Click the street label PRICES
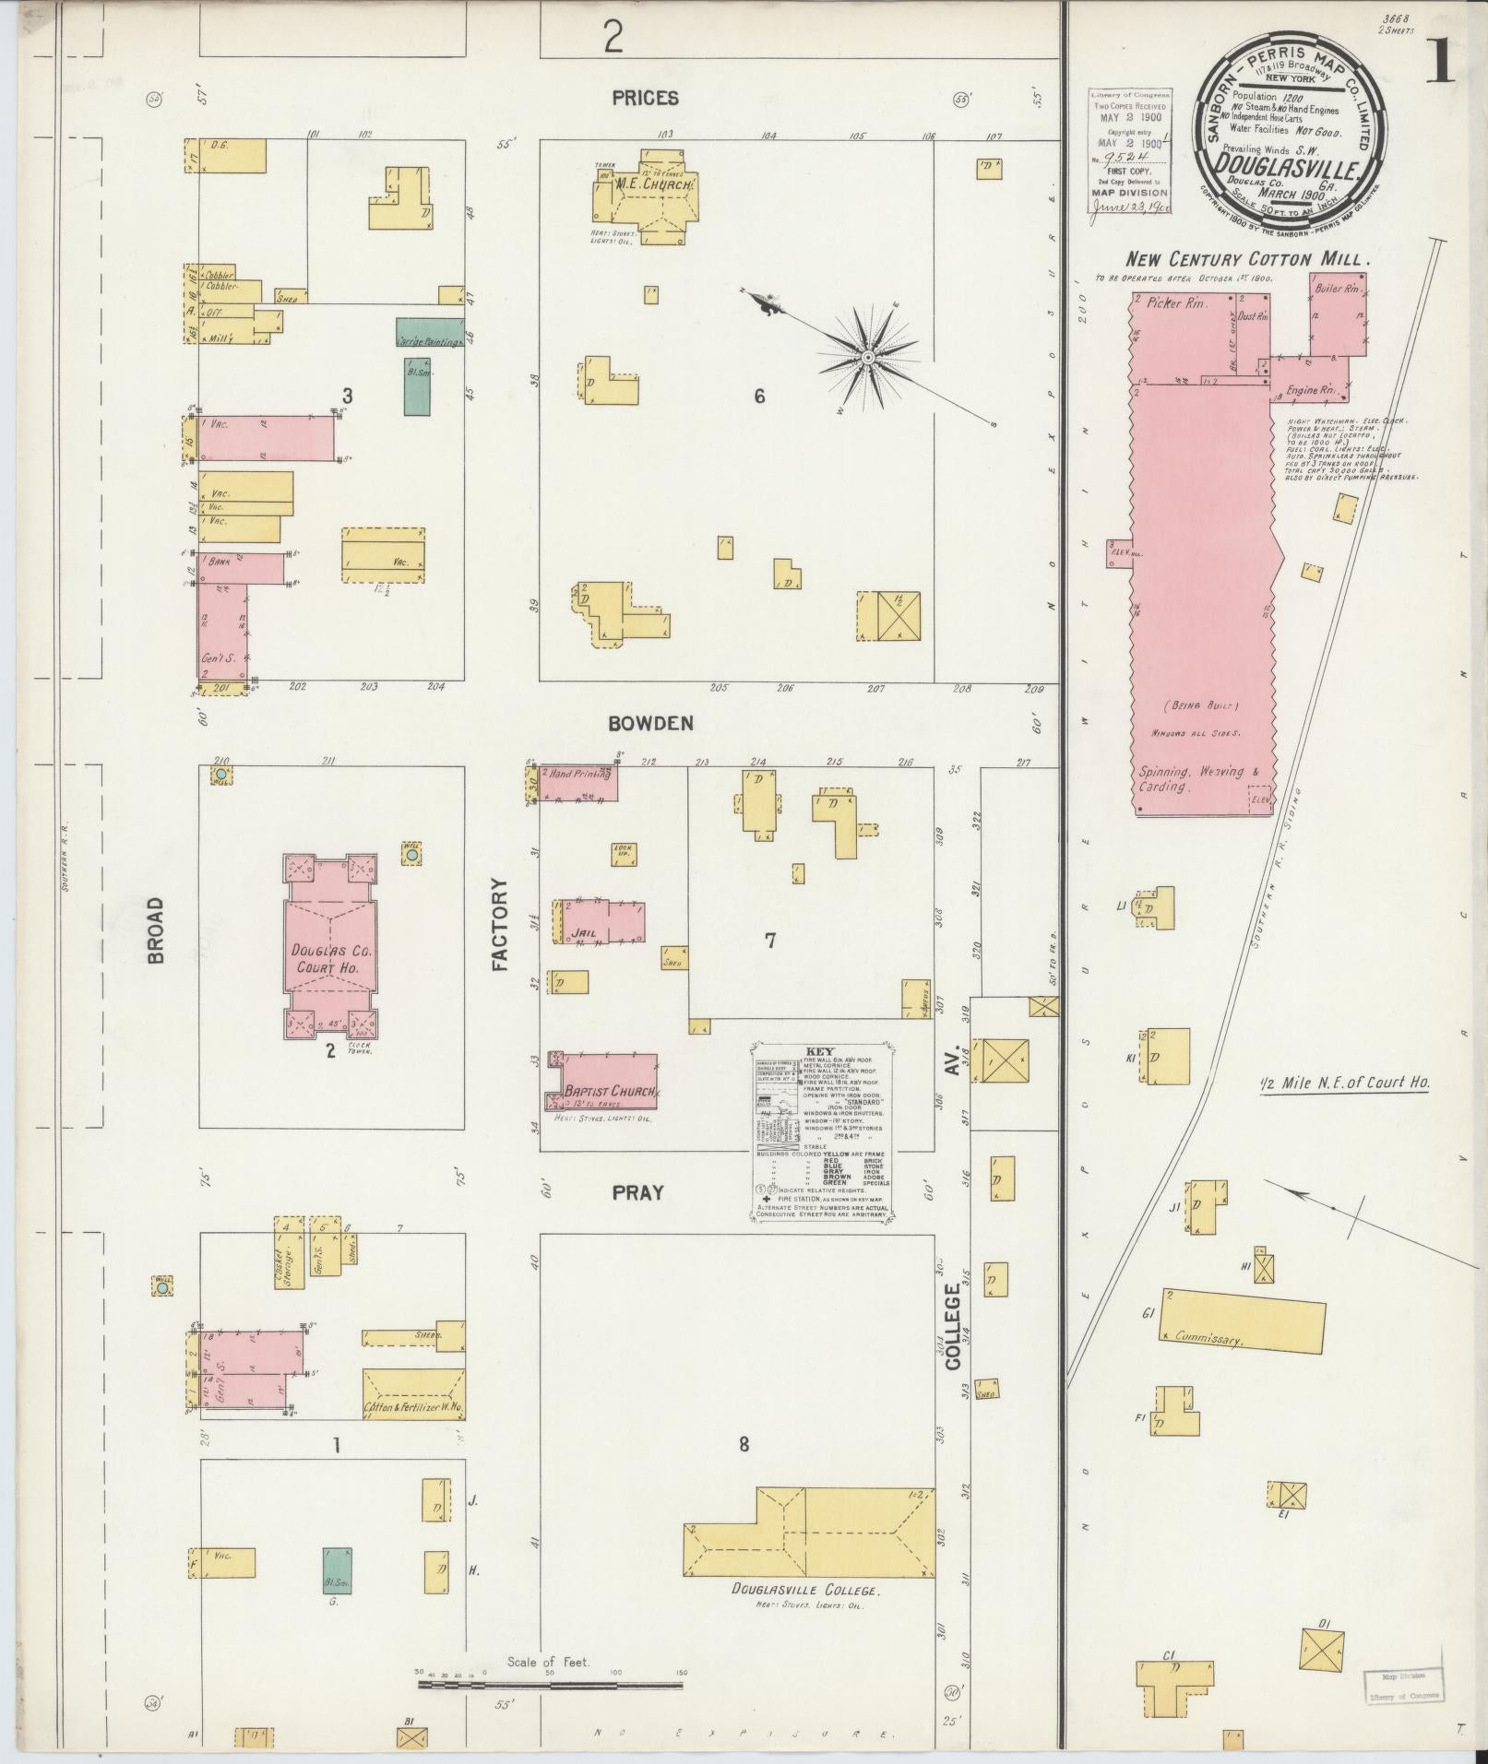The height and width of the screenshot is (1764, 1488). (645, 98)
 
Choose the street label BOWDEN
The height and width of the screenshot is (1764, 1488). (650, 724)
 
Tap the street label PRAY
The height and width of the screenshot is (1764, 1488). (638, 1192)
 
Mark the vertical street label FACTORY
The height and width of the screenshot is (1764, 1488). (500, 924)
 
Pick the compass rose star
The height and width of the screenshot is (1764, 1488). (868, 356)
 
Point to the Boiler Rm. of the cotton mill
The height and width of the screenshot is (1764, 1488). (1337, 315)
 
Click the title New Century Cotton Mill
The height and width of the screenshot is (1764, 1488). (1246, 259)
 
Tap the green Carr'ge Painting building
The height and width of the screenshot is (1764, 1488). (430, 332)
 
